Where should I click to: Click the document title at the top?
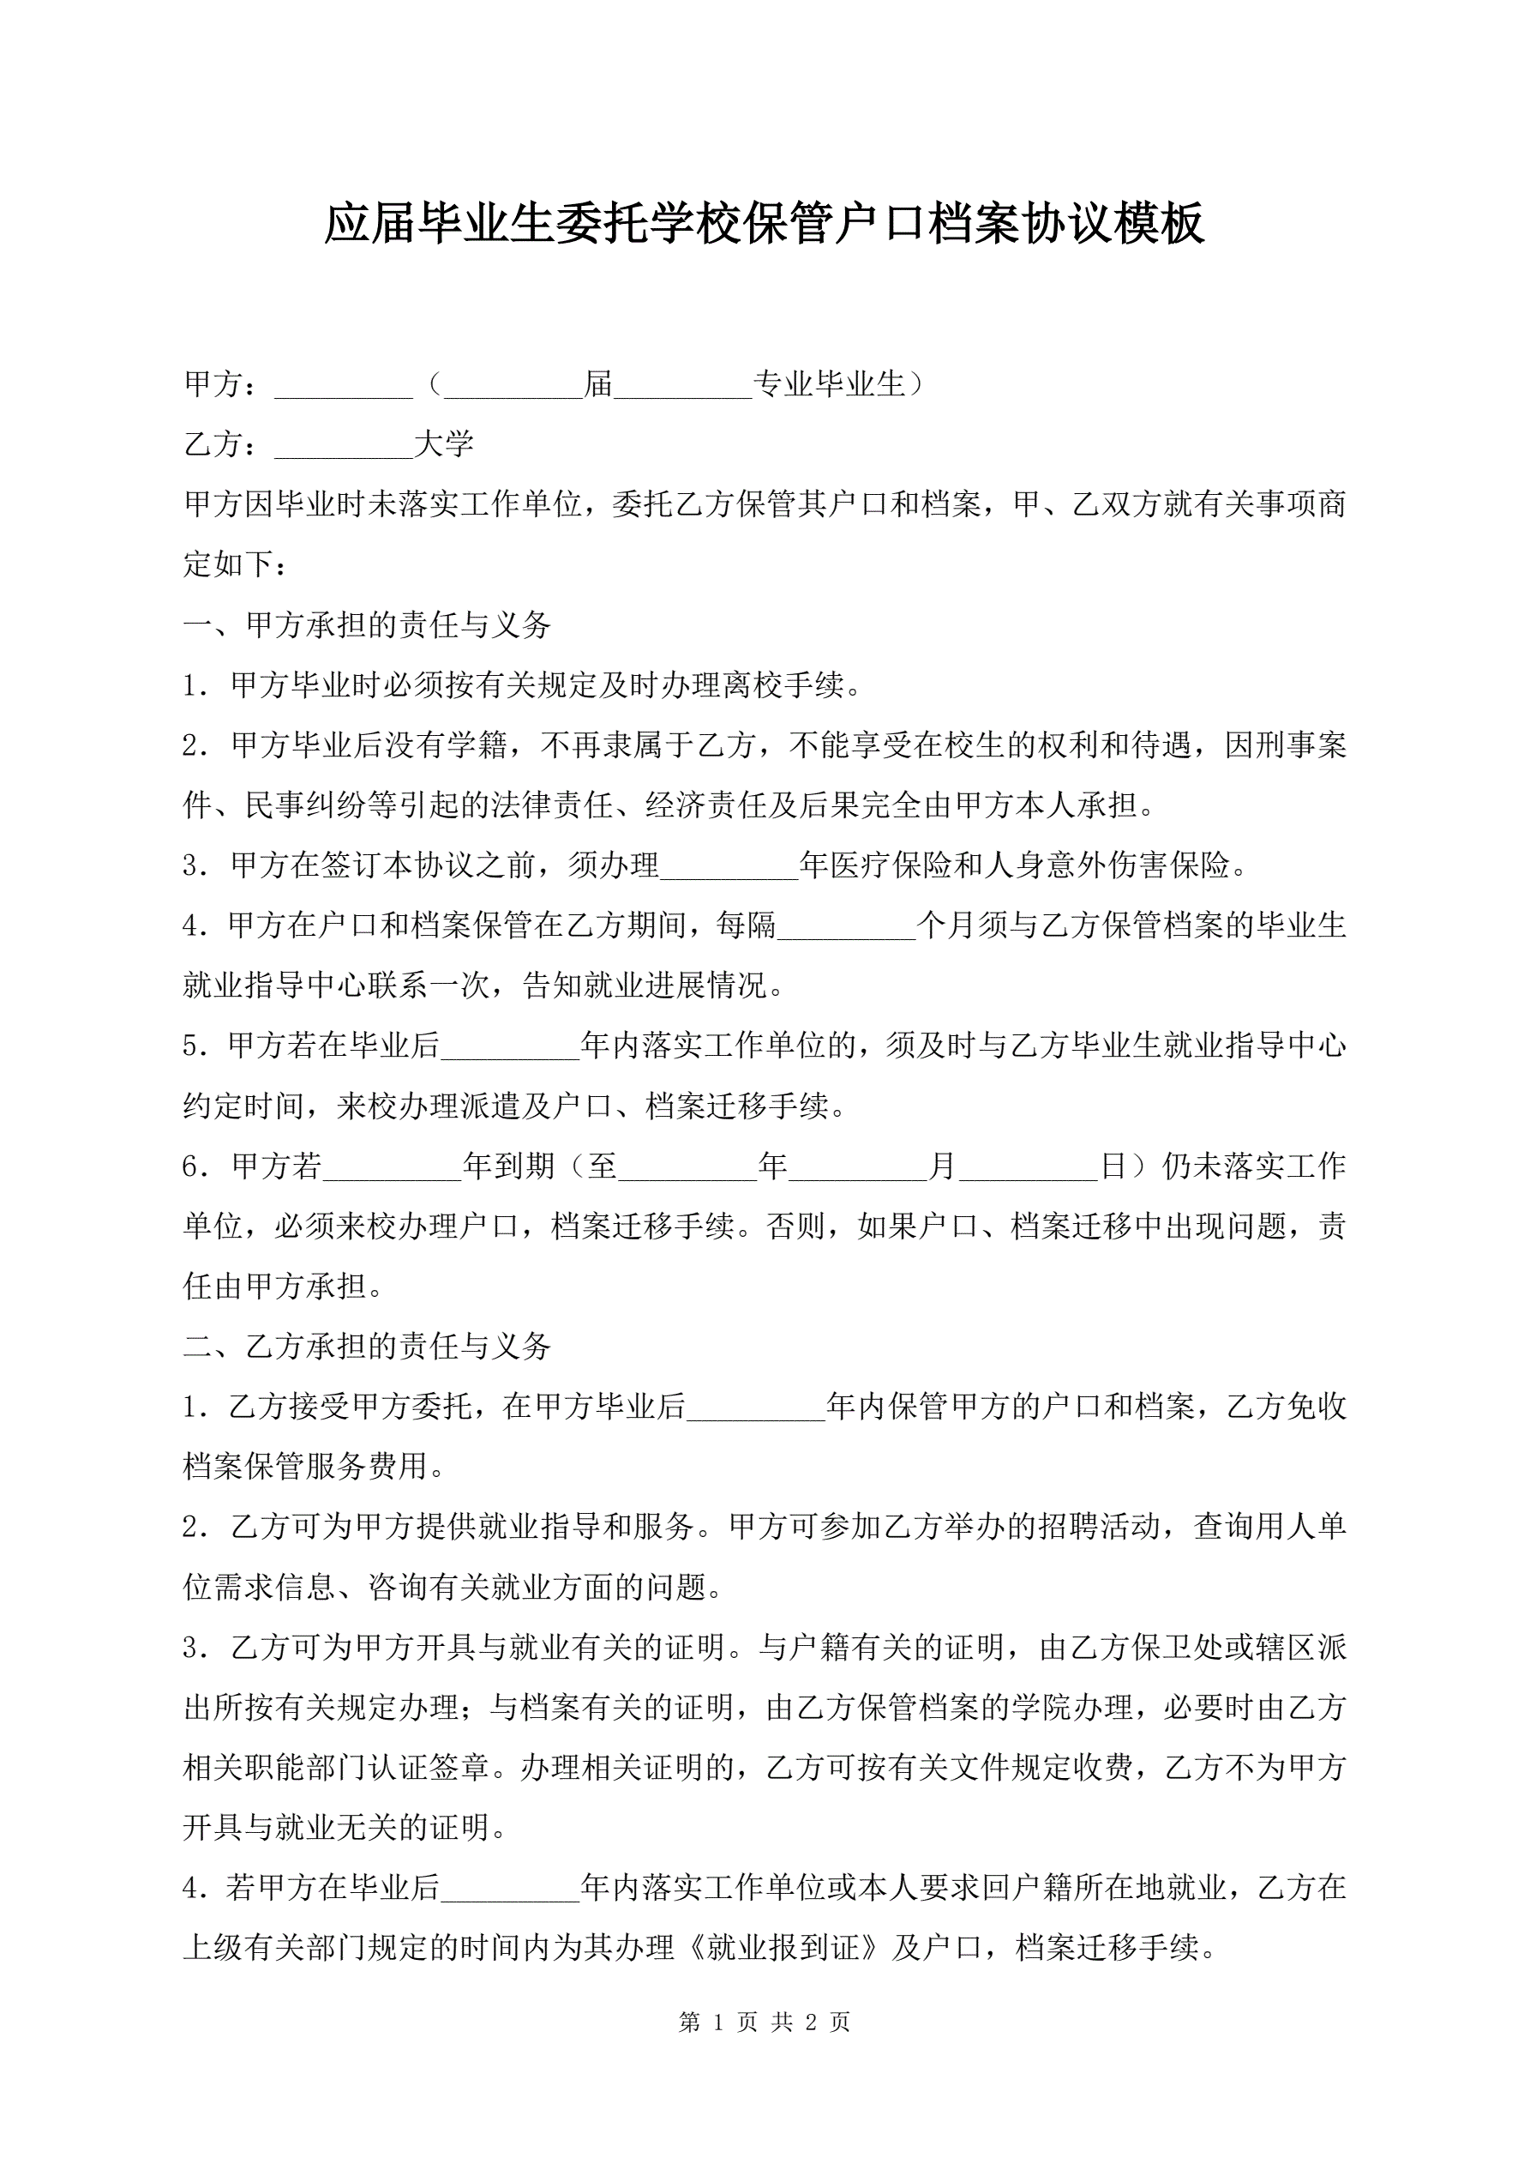coord(764,225)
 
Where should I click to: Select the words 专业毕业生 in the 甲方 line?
coord(829,384)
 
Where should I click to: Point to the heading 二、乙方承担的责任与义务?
coord(367,1346)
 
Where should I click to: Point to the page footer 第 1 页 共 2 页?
coord(764,2022)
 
